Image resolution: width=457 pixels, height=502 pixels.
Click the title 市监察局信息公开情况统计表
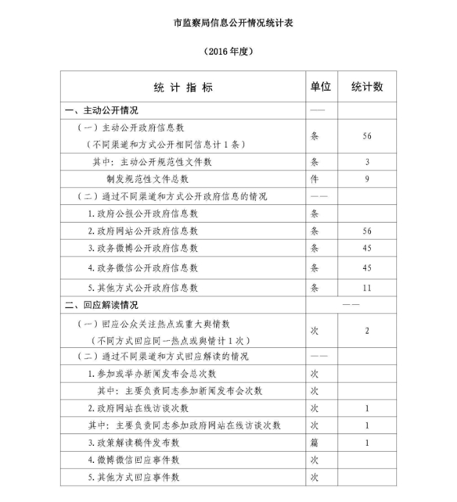point(228,23)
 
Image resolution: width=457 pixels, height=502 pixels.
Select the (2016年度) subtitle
point(228,51)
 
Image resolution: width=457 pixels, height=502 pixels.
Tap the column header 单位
point(321,87)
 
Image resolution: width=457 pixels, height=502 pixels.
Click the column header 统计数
point(367,87)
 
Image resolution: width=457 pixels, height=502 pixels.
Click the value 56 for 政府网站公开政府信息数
point(367,231)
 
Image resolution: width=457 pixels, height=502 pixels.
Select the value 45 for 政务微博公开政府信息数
point(367,248)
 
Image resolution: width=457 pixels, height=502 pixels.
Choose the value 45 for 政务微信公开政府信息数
point(367,268)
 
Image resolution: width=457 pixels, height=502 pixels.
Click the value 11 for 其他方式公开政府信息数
point(367,288)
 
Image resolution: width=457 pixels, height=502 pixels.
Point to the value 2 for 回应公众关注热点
point(367,331)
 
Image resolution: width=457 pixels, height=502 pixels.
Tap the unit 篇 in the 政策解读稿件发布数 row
point(315,443)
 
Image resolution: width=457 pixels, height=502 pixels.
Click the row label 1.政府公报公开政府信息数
point(143,213)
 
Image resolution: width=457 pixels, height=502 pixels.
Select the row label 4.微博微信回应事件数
point(134,460)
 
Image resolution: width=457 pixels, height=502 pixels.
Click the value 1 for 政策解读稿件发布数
point(367,443)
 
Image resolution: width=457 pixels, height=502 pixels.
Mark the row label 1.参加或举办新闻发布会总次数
point(152,374)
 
